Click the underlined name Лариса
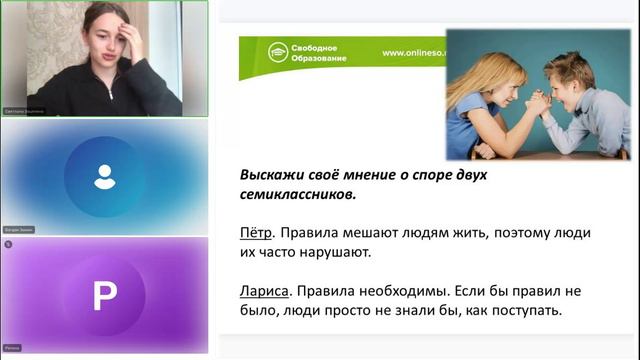click(x=264, y=291)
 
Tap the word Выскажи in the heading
click(x=272, y=174)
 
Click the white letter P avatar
click(x=105, y=295)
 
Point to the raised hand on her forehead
click(x=129, y=28)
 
